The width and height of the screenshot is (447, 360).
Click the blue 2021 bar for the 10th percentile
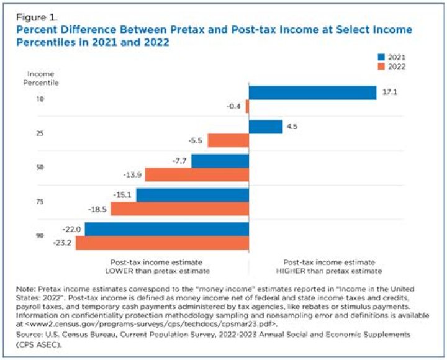pos(312,92)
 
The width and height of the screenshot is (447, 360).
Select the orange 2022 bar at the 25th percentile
pos(228,141)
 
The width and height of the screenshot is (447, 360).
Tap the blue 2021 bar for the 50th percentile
pos(220,161)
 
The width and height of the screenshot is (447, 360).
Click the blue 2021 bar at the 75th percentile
pos(192,196)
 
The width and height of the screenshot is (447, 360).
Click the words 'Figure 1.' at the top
pos(37,17)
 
